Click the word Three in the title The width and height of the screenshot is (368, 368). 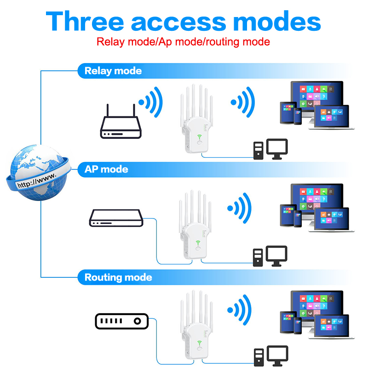coord(85,21)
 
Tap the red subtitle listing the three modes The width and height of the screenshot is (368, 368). coord(183,42)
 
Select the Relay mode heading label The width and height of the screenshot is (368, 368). coord(113,71)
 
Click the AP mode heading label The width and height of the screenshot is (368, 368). coord(106,169)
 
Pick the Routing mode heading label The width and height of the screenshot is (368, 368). coord(118,277)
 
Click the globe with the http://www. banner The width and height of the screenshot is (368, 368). coord(38,173)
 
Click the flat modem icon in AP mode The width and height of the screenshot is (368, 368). coord(116,218)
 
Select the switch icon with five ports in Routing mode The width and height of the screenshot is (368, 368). coord(121,321)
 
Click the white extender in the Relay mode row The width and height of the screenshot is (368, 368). coord(197,119)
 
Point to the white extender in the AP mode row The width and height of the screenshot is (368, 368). coord(195,225)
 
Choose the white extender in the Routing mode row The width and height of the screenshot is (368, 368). coord(197,325)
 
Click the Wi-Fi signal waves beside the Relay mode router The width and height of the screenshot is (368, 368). coord(151,102)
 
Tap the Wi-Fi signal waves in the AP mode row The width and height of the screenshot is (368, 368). coord(239,208)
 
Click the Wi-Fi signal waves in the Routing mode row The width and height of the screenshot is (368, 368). coord(239,310)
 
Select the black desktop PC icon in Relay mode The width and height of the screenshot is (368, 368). coord(270,149)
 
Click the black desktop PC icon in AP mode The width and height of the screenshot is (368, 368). coord(270,256)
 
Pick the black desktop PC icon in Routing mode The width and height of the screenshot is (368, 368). coord(271,356)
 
